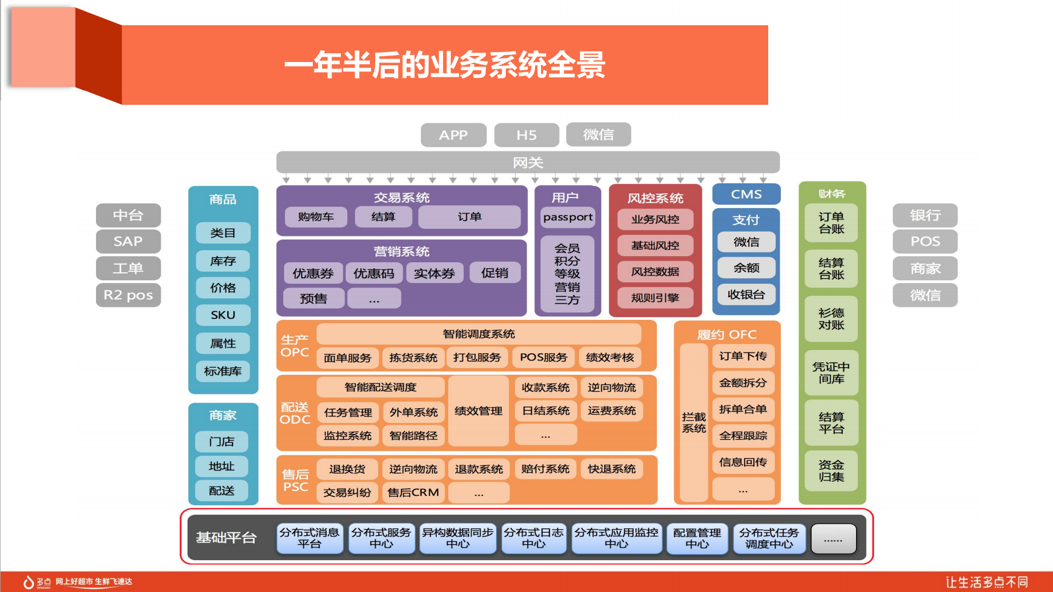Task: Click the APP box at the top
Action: pos(453,135)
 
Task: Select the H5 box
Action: pos(526,135)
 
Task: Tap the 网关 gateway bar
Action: pos(527,162)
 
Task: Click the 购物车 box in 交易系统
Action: pos(316,217)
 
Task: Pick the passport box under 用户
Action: pos(567,217)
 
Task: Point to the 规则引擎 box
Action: pos(655,298)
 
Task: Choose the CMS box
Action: pos(746,194)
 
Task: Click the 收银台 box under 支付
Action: pos(746,295)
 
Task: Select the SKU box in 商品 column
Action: pos(223,315)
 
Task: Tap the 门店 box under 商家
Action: pos(222,442)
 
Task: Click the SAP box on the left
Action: pos(128,241)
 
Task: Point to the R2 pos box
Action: pos(128,295)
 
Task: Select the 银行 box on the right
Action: pos(925,215)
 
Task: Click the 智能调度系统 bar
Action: pos(478,334)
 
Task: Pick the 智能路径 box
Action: pos(413,436)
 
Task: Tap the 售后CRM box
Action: pos(413,493)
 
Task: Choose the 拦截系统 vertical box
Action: pos(694,423)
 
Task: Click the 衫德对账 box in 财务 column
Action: pos(831,319)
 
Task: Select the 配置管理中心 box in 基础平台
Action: pos(697,538)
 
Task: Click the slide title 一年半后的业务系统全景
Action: pos(444,65)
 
